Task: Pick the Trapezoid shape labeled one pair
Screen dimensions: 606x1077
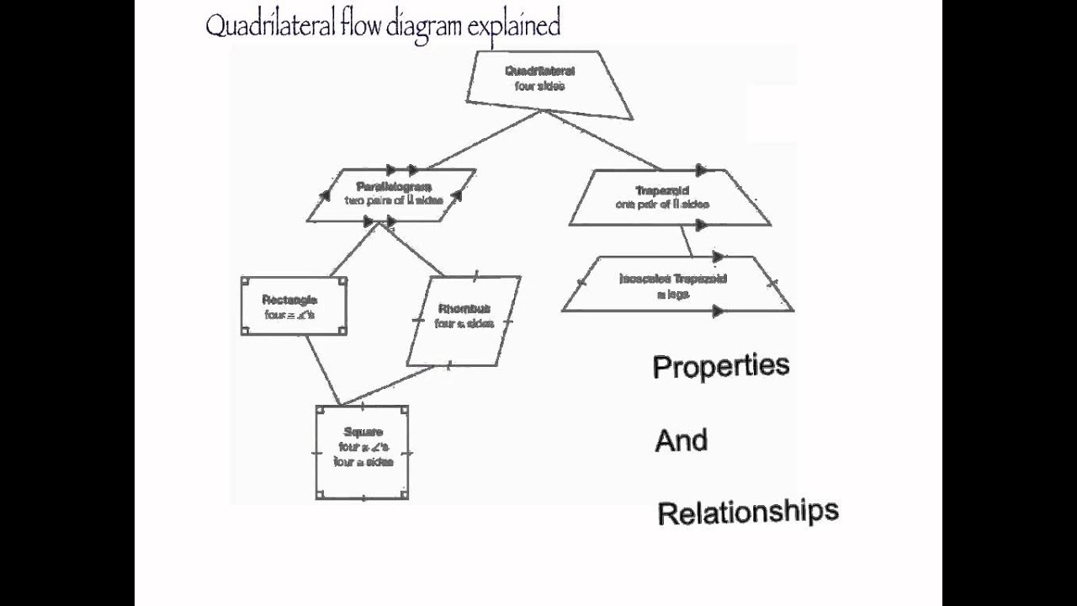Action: click(671, 198)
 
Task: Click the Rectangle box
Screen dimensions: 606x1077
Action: click(293, 306)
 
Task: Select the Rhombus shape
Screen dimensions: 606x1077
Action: click(464, 319)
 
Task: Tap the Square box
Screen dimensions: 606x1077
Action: click(362, 452)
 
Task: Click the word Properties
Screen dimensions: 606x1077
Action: click(721, 367)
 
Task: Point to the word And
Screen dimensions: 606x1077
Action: click(681, 440)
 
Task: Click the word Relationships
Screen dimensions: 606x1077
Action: click(747, 512)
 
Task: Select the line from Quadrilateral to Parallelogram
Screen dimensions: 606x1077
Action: click(484, 139)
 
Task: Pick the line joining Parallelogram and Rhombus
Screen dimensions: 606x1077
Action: click(416, 250)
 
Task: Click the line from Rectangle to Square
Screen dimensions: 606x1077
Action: click(321, 369)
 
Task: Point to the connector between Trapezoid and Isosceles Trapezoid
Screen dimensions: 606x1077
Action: click(687, 241)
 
